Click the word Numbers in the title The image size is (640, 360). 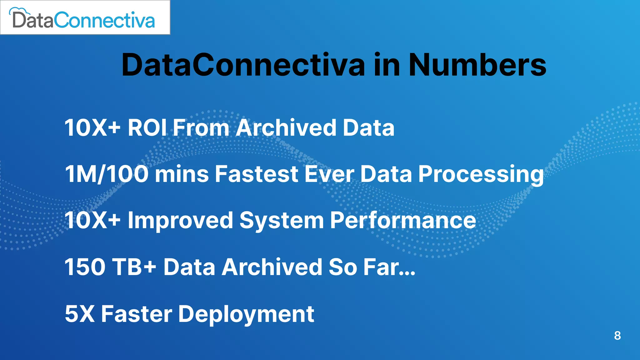(477, 65)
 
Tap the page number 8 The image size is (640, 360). (617, 335)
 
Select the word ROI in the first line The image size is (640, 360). (147, 128)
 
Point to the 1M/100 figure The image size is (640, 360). (107, 174)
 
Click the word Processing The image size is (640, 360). (481, 174)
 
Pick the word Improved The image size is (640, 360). (180, 220)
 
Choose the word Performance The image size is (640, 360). (403, 220)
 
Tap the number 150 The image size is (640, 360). (85, 267)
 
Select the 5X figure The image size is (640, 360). (79, 314)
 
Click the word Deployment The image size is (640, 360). (246, 314)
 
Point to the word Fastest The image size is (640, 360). (256, 174)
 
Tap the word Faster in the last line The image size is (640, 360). (136, 314)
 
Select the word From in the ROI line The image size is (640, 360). (201, 128)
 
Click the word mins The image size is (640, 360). (182, 174)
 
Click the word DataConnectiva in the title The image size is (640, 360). (243, 65)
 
